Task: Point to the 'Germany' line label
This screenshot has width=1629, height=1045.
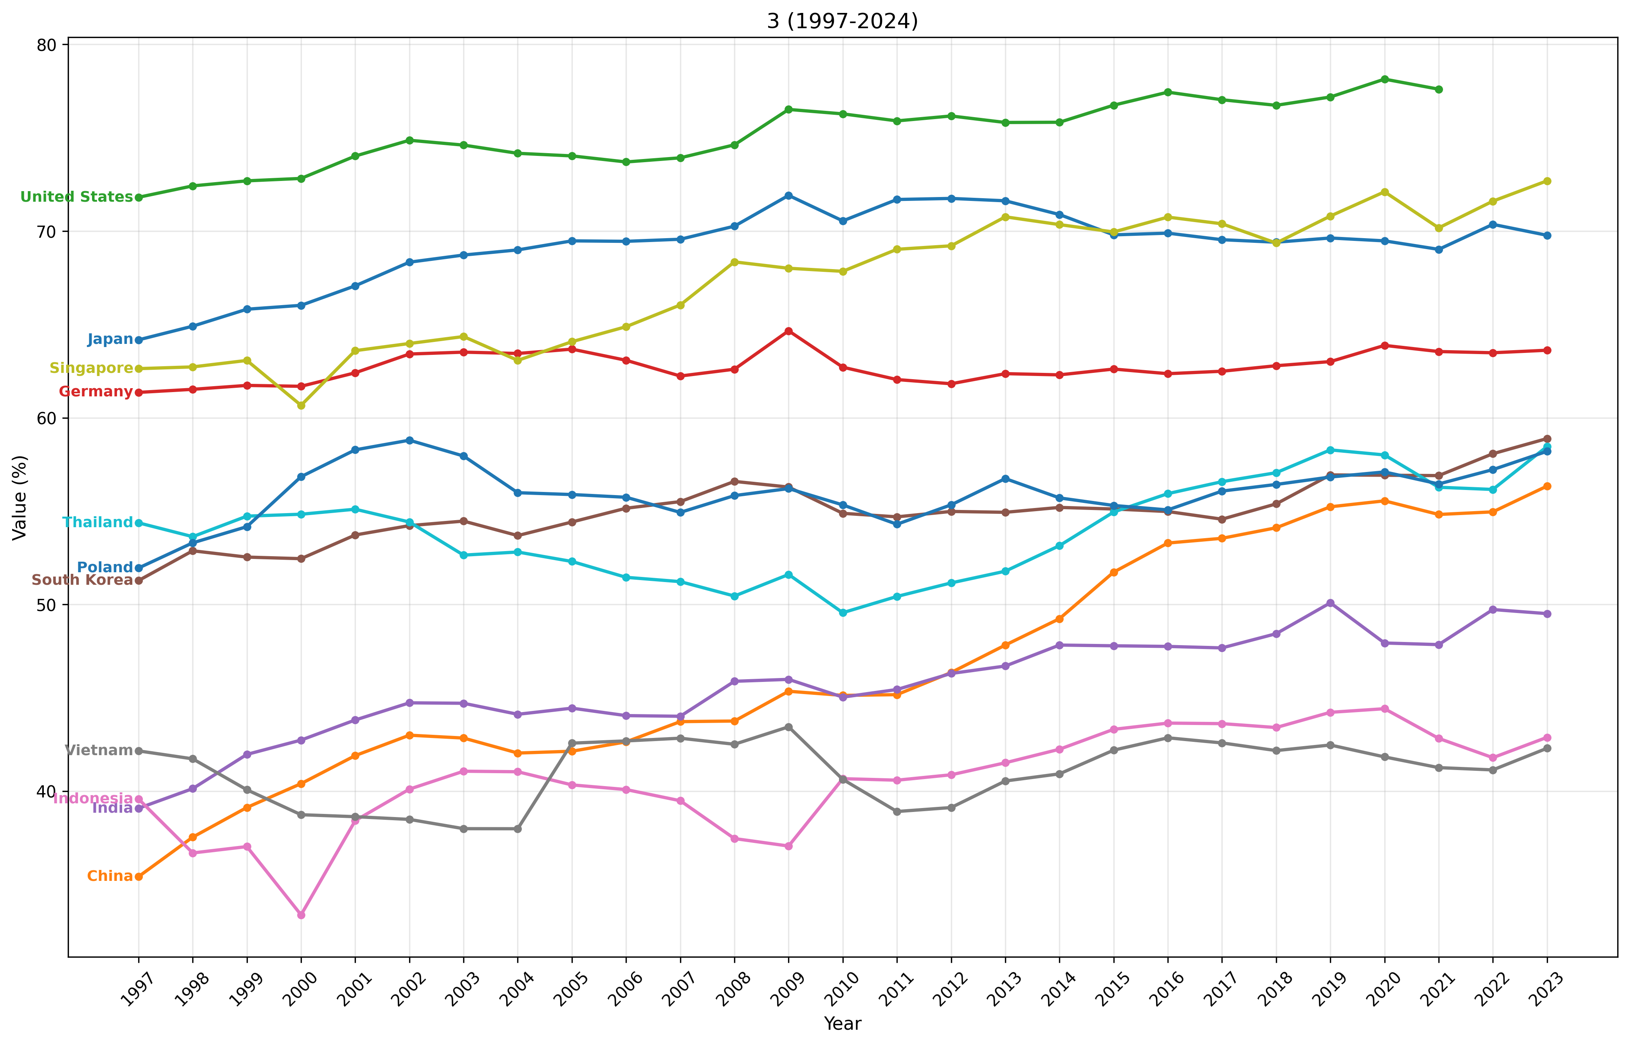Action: [x=96, y=392]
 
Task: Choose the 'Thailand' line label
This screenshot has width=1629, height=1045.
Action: [x=97, y=522]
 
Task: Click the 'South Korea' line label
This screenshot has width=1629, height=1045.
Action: [x=82, y=580]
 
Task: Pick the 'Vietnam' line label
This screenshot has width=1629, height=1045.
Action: [x=99, y=750]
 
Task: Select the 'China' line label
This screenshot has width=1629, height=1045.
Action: [x=110, y=877]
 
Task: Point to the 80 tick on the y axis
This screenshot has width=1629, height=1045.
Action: [x=53, y=45]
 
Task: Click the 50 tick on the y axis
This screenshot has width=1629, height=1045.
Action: [x=53, y=605]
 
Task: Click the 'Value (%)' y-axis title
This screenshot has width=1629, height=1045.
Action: [x=20, y=497]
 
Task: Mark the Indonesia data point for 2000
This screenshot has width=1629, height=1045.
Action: [x=301, y=915]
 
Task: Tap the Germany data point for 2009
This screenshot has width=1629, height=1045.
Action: [x=788, y=331]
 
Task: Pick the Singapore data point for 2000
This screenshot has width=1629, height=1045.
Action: [x=301, y=405]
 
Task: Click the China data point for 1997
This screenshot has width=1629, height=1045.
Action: [x=139, y=877]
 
